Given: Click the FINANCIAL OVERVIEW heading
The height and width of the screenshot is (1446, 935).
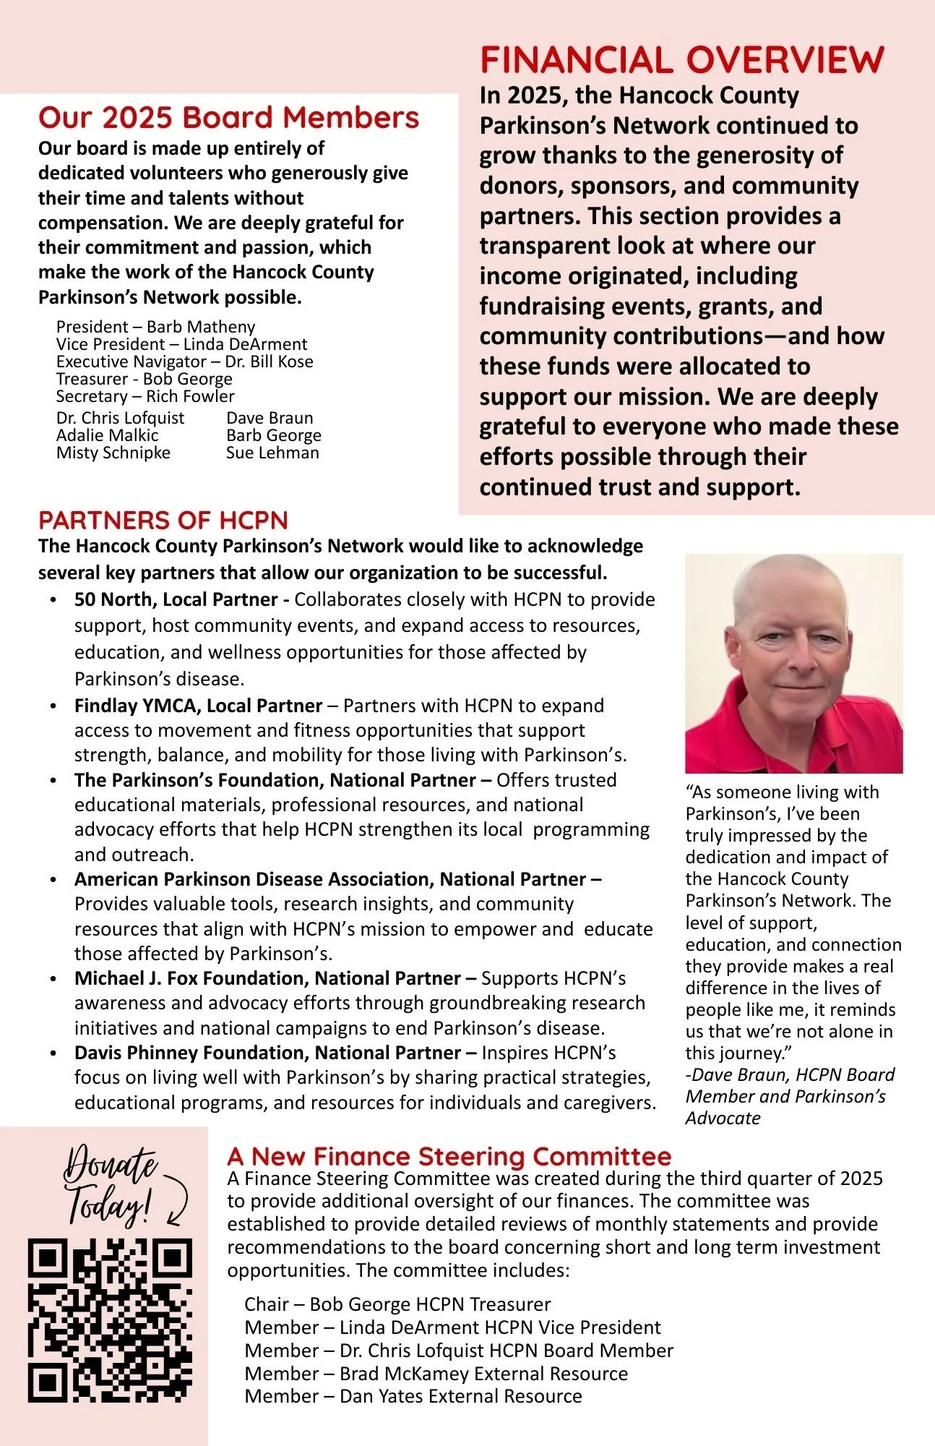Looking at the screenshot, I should (681, 60).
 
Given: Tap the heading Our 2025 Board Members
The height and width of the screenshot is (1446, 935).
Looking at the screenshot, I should (228, 118).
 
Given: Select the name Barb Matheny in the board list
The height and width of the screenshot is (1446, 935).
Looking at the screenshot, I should (201, 327).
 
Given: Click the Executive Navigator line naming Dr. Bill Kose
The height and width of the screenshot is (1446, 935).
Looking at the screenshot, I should (184, 361).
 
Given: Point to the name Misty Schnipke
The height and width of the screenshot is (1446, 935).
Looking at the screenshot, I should (113, 453).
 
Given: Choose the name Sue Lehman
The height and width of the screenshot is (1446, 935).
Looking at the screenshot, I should (272, 453).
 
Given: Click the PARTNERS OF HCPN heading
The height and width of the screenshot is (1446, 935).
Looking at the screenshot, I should (163, 521).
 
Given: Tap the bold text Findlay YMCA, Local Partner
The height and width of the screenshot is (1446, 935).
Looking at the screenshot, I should (198, 706).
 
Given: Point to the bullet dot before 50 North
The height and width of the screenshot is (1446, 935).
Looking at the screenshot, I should (53, 601).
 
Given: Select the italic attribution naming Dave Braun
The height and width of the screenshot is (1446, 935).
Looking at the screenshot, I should (790, 1096).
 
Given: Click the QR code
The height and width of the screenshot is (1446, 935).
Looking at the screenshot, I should (110, 1320).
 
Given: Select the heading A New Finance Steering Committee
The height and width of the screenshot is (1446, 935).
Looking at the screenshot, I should (449, 1156).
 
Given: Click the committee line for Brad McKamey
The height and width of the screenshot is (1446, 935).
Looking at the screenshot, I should (436, 1374).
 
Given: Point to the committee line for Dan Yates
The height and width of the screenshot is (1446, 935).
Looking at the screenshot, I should (413, 1396).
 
